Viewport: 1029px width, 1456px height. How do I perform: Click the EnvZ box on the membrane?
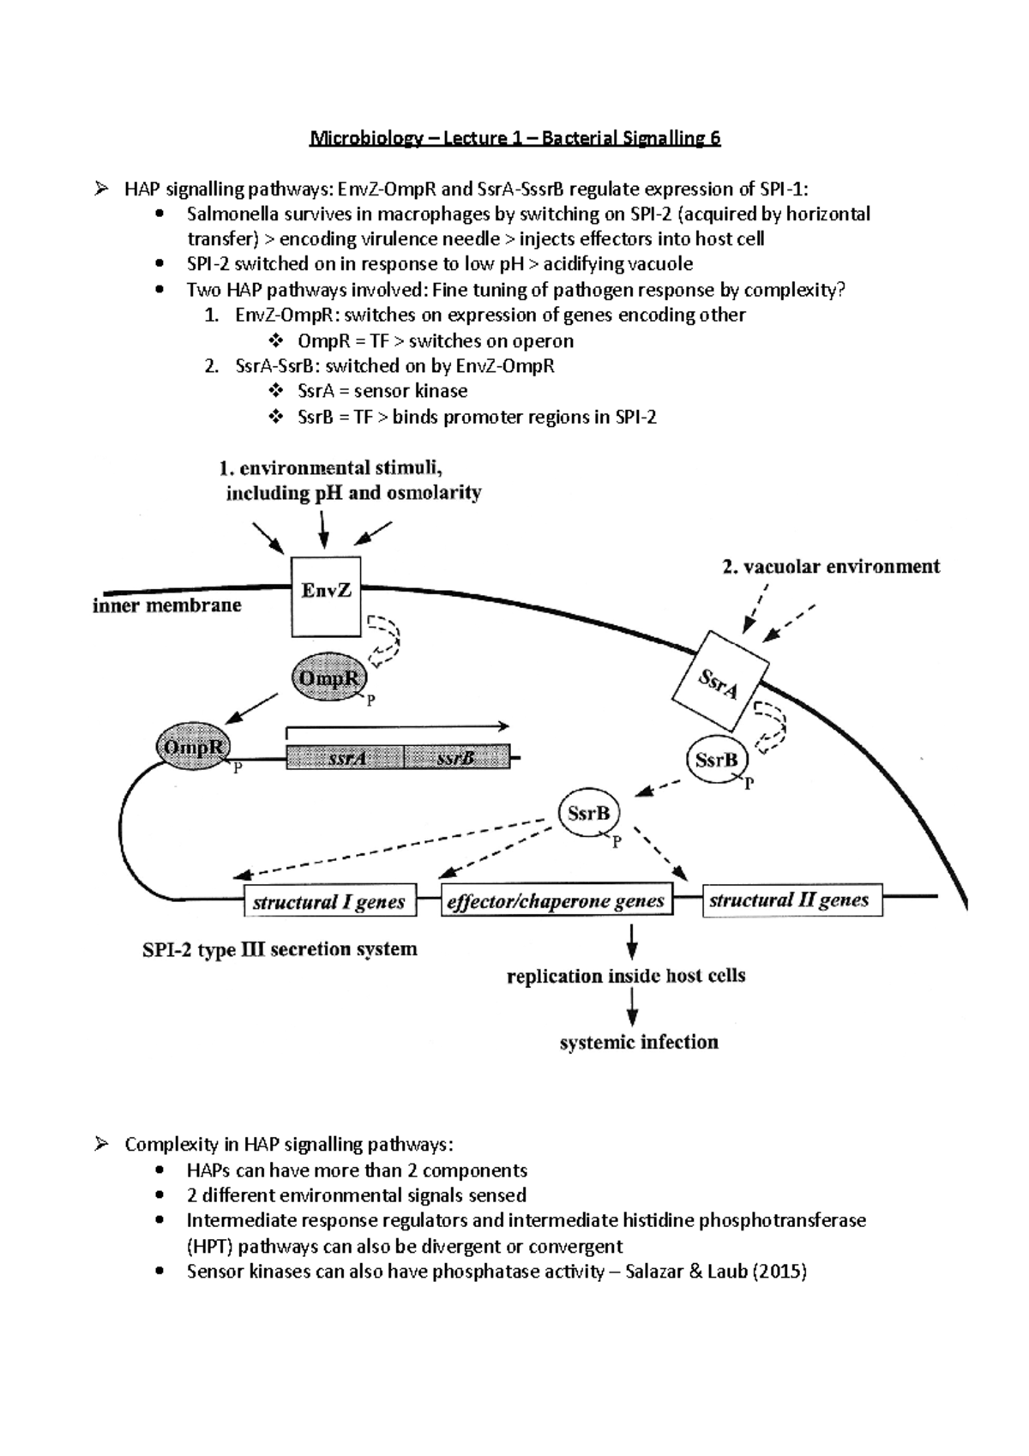click(326, 597)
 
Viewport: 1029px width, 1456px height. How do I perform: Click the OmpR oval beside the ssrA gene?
click(193, 747)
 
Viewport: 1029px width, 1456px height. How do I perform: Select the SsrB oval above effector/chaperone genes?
click(588, 813)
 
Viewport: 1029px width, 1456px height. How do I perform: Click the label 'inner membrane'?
click(167, 605)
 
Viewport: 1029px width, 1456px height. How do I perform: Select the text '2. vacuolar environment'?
click(830, 566)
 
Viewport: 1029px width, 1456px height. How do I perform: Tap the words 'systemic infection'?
click(639, 1042)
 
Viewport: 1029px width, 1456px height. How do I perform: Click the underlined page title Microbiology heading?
click(514, 138)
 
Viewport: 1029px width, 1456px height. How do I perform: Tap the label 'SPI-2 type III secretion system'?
click(280, 949)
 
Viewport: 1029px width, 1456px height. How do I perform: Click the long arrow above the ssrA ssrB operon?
click(397, 726)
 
